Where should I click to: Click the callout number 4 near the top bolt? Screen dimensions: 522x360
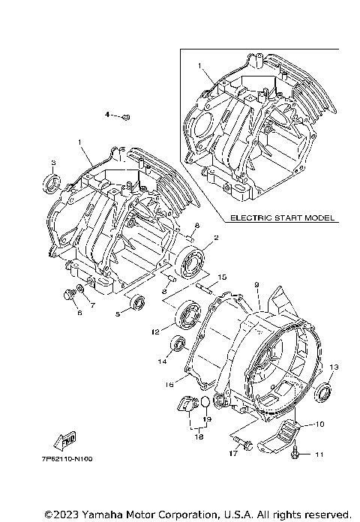pyautogui.click(x=106, y=115)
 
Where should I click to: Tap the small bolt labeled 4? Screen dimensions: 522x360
pyautogui.click(x=126, y=116)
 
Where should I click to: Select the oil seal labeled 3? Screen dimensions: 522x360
pyautogui.click(x=52, y=181)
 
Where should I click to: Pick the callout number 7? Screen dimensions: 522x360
pyautogui.click(x=93, y=305)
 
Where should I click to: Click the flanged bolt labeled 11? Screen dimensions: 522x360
pyautogui.click(x=298, y=452)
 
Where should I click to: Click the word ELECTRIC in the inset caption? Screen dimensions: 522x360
pyautogui.click(x=247, y=218)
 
